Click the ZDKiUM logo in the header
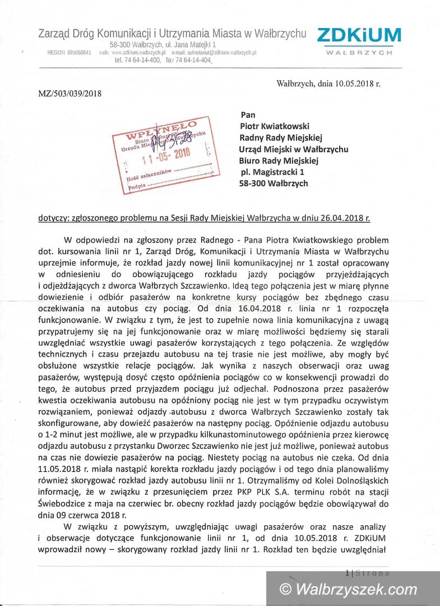click(x=359, y=40)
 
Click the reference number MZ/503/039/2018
click(x=70, y=94)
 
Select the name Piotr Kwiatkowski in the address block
click(x=274, y=126)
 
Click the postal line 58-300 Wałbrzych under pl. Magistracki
click(x=273, y=183)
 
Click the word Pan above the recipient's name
click(x=247, y=114)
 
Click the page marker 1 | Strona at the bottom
click(x=367, y=573)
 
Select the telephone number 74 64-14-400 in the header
click(x=143, y=60)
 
